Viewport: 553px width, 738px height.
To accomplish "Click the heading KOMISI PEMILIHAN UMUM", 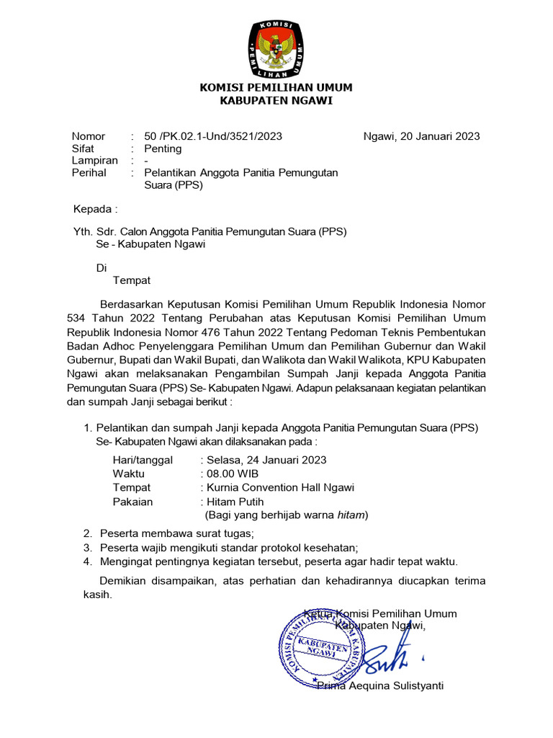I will coord(276,88).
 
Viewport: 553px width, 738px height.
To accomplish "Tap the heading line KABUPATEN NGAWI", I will coord(276,101).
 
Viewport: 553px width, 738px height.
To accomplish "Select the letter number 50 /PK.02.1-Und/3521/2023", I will coord(213,136).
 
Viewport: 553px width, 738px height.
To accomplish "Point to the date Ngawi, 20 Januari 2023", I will coord(421,136).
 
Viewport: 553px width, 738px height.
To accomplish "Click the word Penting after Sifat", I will coord(163,148).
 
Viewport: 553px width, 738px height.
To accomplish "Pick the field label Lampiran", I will coord(94,161).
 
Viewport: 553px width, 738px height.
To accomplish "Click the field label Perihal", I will coord(89,173).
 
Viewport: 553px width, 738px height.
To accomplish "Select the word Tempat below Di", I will coord(132,280).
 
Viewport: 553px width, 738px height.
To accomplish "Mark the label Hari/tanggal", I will coord(143,460).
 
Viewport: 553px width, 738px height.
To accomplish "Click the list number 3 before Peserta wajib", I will coord(86,548).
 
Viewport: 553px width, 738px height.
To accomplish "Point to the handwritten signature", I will coord(389,657).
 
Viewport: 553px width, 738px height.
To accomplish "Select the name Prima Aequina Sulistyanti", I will coord(380,685).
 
